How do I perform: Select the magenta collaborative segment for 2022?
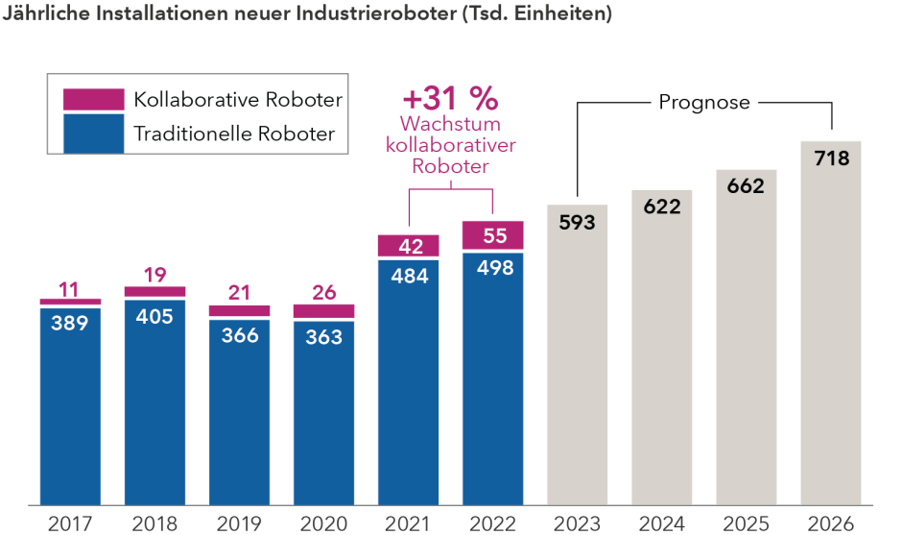point(492,235)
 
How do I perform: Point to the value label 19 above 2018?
point(154,274)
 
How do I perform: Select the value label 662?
point(746,186)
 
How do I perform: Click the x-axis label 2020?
point(323,523)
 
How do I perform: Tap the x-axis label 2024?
point(661,523)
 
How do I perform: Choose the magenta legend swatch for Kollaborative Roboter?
point(93,99)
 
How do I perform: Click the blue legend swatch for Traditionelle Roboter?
point(93,134)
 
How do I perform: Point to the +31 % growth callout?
point(450,98)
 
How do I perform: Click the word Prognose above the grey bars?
point(703,102)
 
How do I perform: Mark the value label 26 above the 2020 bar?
point(323,292)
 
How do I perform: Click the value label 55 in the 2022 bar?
point(492,236)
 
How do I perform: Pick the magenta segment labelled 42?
point(408,246)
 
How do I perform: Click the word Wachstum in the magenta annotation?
point(450,125)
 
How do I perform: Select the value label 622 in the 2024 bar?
point(661,206)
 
